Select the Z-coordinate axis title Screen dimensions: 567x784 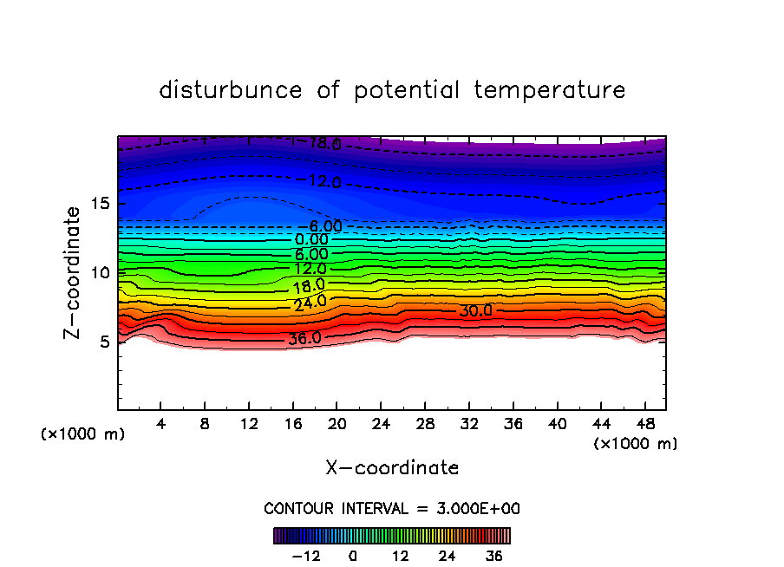pyautogui.click(x=75, y=272)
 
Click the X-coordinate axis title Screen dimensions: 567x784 pyautogui.click(x=392, y=468)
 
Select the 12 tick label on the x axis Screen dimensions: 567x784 pyautogui.click(x=249, y=424)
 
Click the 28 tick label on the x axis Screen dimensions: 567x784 pyautogui.click(x=424, y=424)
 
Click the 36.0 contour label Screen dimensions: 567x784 pyautogui.click(x=304, y=338)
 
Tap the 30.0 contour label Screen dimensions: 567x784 pyautogui.click(x=475, y=310)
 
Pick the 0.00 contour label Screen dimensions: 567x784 pyautogui.click(x=311, y=239)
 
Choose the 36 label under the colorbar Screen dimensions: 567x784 pyautogui.click(x=493, y=556)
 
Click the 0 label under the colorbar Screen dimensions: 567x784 pyautogui.click(x=353, y=556)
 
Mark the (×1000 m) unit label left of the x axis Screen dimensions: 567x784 pyautogui.click(x=83, y=434)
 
